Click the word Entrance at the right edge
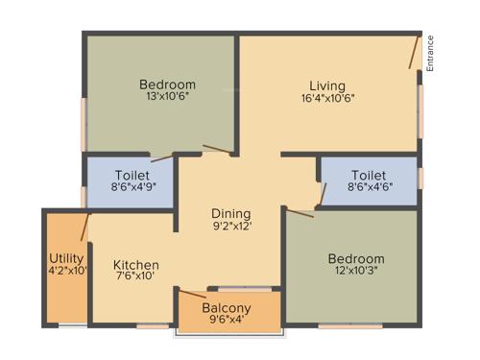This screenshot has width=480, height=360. pos(430,53)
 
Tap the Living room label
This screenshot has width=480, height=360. pos(327,85)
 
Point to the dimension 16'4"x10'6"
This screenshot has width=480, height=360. pos(327,98)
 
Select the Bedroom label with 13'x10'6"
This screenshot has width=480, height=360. pos(167,84)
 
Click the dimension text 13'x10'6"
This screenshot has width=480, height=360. pos(167,97)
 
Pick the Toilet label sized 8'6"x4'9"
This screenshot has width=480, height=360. pos(132,176)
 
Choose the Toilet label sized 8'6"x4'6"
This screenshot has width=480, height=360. pos(369,176)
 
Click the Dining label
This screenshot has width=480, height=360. pos(231,213)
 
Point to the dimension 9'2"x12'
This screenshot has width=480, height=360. pos(231,227)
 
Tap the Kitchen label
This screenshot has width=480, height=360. pos(136,265)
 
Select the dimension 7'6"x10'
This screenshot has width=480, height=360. pos(136,277)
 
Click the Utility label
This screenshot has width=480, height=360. pos(67,259)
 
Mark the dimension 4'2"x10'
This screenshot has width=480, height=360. pos(67,272)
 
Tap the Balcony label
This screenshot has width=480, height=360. pos(227,308)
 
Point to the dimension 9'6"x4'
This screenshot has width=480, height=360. pos(227,321)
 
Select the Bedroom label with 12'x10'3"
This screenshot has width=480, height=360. pos(355,259)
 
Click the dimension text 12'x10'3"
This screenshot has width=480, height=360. pos(355,272)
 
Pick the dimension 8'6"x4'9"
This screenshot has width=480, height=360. pos(132,188)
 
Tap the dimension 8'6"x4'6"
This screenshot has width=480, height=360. pos(369,188)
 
